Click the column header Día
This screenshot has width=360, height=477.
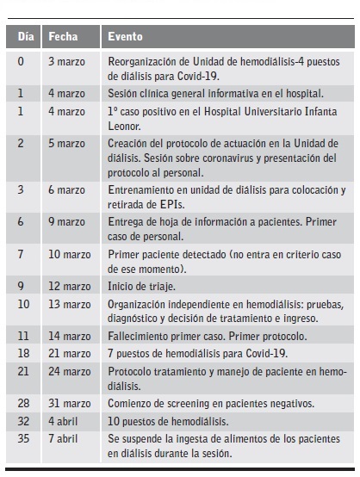click(x=26, y=37)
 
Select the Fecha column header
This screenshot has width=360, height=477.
click(x=63, y=37)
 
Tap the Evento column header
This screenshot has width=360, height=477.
click(x=125, y=37)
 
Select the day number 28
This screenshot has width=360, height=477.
click(x=23, y=404)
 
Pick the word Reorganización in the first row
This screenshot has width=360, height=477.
click(x=144, y=62)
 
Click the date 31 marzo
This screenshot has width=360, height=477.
click(x=69, y=404)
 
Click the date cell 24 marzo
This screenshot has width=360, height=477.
click(x=69, y=370)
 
